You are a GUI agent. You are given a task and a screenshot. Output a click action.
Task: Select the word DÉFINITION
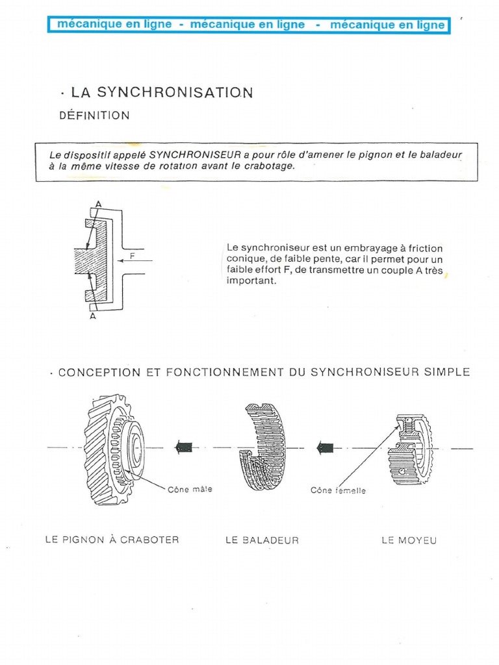point(94,116)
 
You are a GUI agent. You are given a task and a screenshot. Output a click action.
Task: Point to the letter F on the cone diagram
point(133,256)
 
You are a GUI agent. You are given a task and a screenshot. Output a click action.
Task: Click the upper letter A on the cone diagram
point(98,204)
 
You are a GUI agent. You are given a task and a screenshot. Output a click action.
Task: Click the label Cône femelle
point(338,490)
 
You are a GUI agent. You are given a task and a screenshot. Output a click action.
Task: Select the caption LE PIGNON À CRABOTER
point(112,540)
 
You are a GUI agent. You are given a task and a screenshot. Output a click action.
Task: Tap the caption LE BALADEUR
point(262,540)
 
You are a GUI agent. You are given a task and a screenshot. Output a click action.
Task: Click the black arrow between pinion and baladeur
point(184,447)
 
